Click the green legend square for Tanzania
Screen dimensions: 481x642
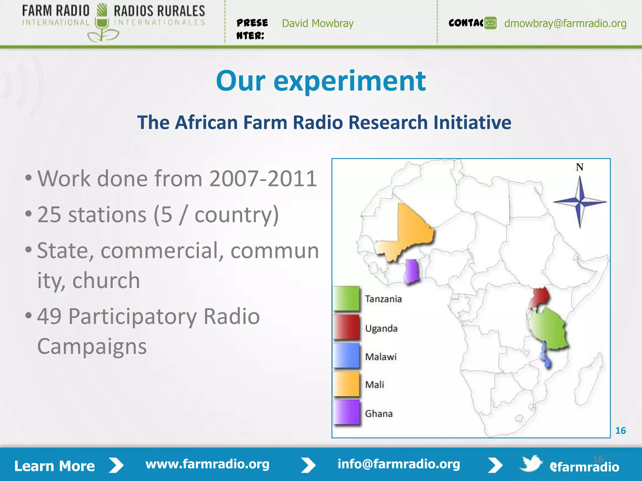[x=346, y=298]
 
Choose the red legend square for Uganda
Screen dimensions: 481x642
[x=346, y=327]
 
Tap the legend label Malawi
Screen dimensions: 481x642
[x=381, y=357]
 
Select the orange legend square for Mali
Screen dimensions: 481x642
[x=346, y=384]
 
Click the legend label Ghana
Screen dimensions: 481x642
[x=379, y=414]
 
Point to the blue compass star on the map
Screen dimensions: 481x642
[x=580, y=202]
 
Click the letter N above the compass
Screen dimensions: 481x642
[x=580, y=167]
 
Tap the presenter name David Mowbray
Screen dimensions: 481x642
[x=318, y=23]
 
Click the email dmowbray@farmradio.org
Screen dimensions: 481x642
[x=565, y=23]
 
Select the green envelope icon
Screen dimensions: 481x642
[x=491, y=23]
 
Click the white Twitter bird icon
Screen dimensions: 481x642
[x=531, y=463]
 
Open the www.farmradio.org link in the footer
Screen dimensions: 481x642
[x=207, y=464]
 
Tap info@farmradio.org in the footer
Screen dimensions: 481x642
[x=399, y=464]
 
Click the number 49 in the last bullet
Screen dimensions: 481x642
[x=49, y=316]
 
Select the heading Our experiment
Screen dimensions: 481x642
[x=321, y=81]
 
